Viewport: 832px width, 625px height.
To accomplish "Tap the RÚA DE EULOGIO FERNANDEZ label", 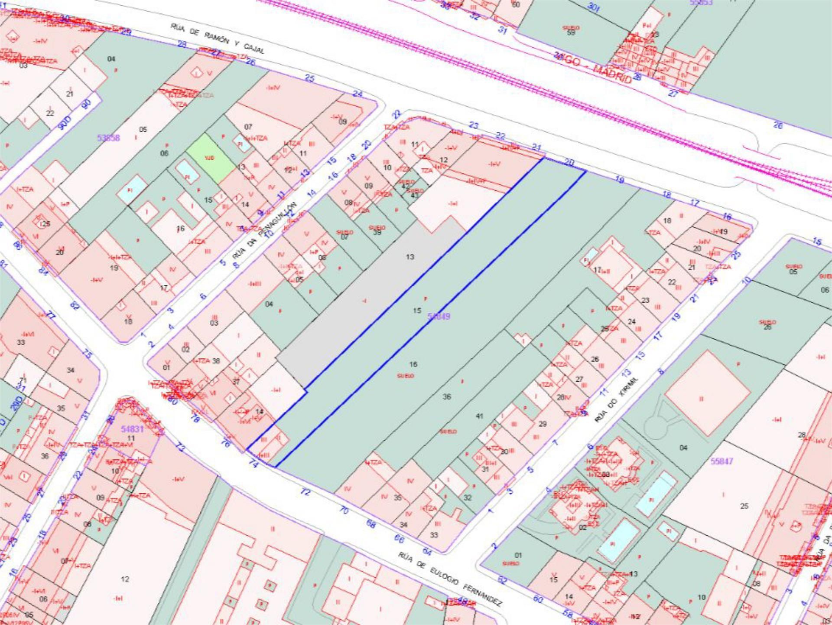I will (450, 579).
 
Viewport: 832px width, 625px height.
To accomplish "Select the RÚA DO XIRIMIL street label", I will (617, 399).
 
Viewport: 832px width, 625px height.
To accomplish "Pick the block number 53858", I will (108, 138).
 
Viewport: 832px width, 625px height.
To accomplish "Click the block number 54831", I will (132, 429).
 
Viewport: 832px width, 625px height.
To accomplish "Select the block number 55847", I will (721, 461).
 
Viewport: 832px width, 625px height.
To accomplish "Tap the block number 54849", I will (439, 316).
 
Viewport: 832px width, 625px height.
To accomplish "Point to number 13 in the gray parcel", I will (410, 257).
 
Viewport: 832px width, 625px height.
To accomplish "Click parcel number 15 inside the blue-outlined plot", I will (417, 311).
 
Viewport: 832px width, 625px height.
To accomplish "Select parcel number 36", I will (447, 396).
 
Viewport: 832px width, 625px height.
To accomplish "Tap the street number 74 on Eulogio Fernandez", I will (253, 464).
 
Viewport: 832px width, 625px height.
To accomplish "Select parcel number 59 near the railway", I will (571, 33).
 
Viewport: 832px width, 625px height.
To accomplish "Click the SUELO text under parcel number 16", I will (406, 376).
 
